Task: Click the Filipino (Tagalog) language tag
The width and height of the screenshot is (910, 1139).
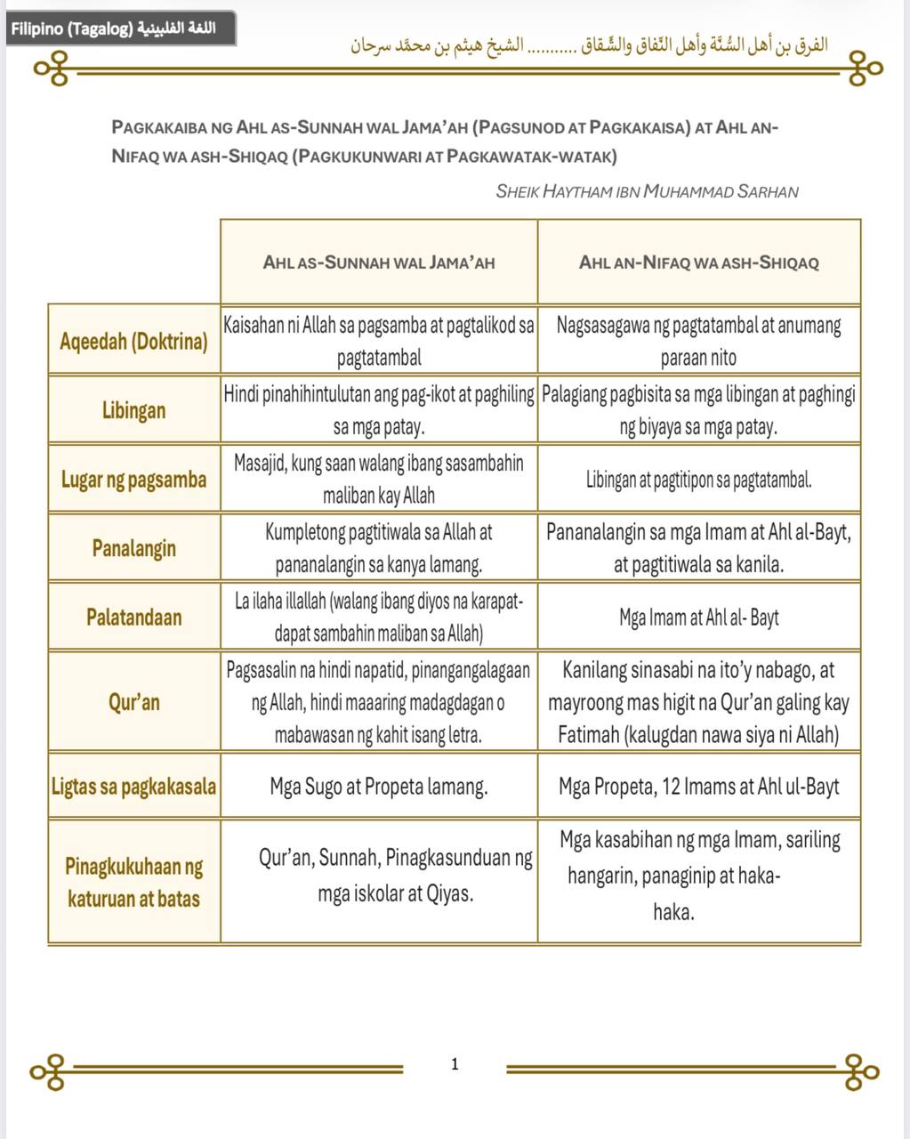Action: point(120,28)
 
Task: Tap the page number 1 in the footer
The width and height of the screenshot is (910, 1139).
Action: point(455,1063)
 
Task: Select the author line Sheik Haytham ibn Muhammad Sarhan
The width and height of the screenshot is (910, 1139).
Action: point(647,191)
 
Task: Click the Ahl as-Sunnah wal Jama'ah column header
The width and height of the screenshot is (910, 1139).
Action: point(379,263)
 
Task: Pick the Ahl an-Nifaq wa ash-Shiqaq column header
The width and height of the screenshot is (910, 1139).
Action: point(698,263)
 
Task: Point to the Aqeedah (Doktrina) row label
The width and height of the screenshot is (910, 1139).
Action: point(133,341)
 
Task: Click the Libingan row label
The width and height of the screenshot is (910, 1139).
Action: point(133,410)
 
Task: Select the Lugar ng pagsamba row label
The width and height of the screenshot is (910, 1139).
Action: point(133,480)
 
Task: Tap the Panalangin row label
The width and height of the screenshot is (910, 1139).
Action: point(133,548)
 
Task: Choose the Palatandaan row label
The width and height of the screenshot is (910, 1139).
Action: point(133,617)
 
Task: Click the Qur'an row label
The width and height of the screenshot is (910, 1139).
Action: point(133,702)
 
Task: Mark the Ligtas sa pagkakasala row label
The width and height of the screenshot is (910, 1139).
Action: point(133,787)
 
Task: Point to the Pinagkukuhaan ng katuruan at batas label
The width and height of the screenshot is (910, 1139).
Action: point(133,882)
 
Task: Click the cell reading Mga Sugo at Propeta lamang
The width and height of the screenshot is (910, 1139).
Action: point(379,787)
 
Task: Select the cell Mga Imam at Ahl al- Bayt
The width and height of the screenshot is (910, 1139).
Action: point(698,617)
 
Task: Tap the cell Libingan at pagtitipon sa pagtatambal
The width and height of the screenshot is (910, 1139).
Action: point(698,481)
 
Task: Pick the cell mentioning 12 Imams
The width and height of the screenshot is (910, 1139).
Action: point(698,787)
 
